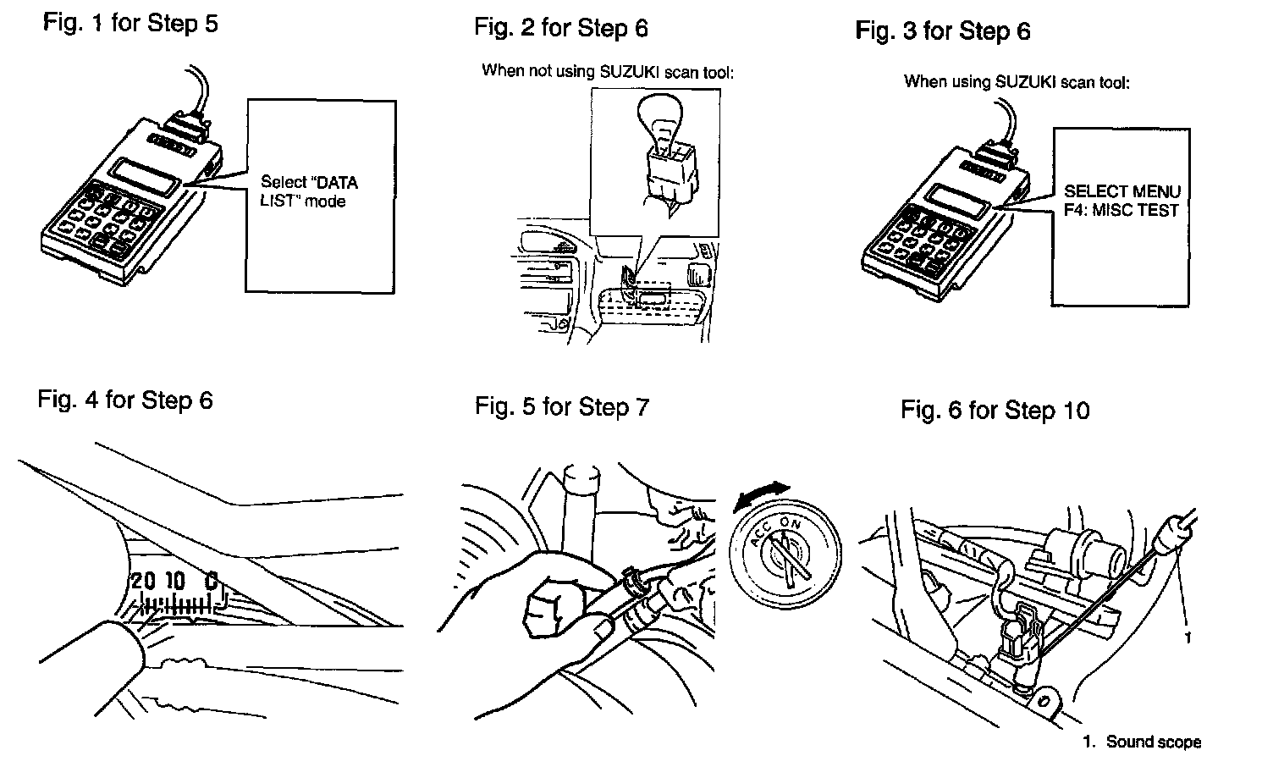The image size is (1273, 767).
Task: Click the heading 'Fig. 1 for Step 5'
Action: [x=130, y=23]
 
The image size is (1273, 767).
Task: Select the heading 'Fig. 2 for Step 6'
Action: [x=560, y=28]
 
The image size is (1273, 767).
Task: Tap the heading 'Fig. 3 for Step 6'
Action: [x=942, y=31]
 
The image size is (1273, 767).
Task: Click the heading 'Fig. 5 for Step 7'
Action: [x=561, y=406]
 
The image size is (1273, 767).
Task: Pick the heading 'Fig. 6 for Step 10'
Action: [x=995, y=411]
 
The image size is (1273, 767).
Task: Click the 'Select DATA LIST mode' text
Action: [x=308, y=191]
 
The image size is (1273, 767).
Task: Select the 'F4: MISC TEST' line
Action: [x=1121, y=210]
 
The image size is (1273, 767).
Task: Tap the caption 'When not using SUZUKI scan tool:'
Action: [x=607, y=72]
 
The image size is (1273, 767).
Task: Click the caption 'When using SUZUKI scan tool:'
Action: [x=1017, y=82]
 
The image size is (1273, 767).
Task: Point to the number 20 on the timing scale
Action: [x=143, y=581]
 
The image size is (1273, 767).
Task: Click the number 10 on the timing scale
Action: [x=174, y=581]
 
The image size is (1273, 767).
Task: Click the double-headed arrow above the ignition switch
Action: [x=762, y=494]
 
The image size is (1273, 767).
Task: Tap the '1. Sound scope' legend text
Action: [x=1142, y=742]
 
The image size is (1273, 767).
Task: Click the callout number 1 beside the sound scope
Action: [x=1187, y=637]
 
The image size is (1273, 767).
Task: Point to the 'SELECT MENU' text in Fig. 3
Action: [x=1121, y=191]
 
